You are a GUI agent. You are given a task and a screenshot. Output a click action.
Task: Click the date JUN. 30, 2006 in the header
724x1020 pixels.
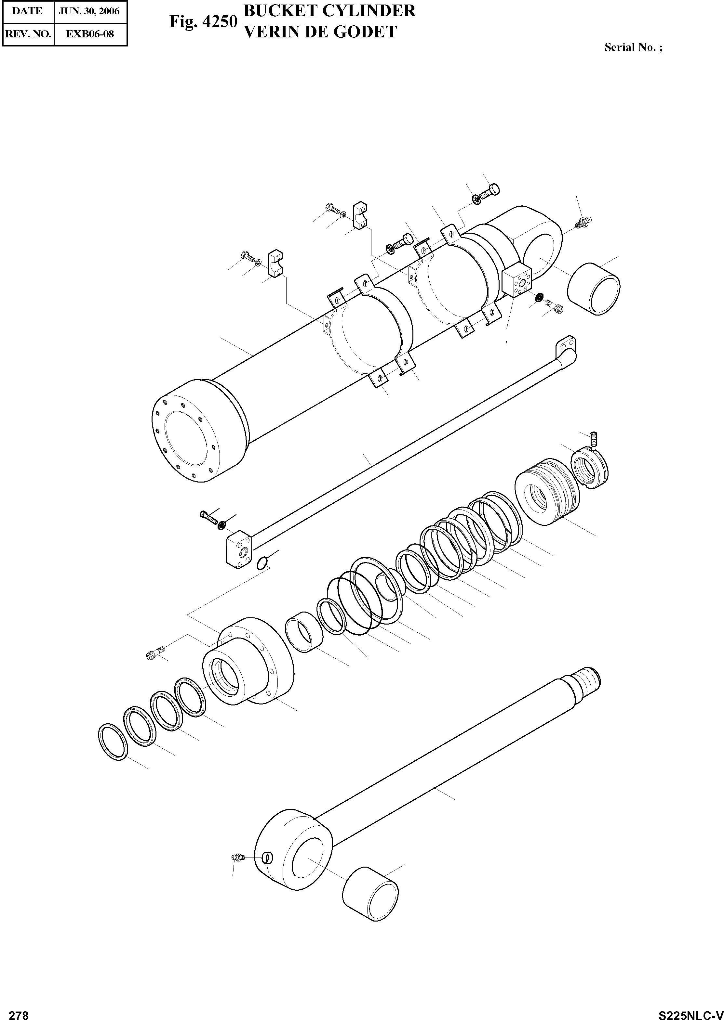tap(89, 11)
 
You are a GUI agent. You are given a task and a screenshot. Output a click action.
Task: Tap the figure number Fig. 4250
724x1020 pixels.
tap(203, 21)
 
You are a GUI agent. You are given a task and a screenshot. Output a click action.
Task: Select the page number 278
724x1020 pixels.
tap(19, 1012)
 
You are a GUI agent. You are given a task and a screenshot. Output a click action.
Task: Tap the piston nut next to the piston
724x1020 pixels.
tap(589, 469)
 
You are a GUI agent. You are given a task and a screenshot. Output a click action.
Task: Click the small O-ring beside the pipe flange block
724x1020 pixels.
tap(262, 563)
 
